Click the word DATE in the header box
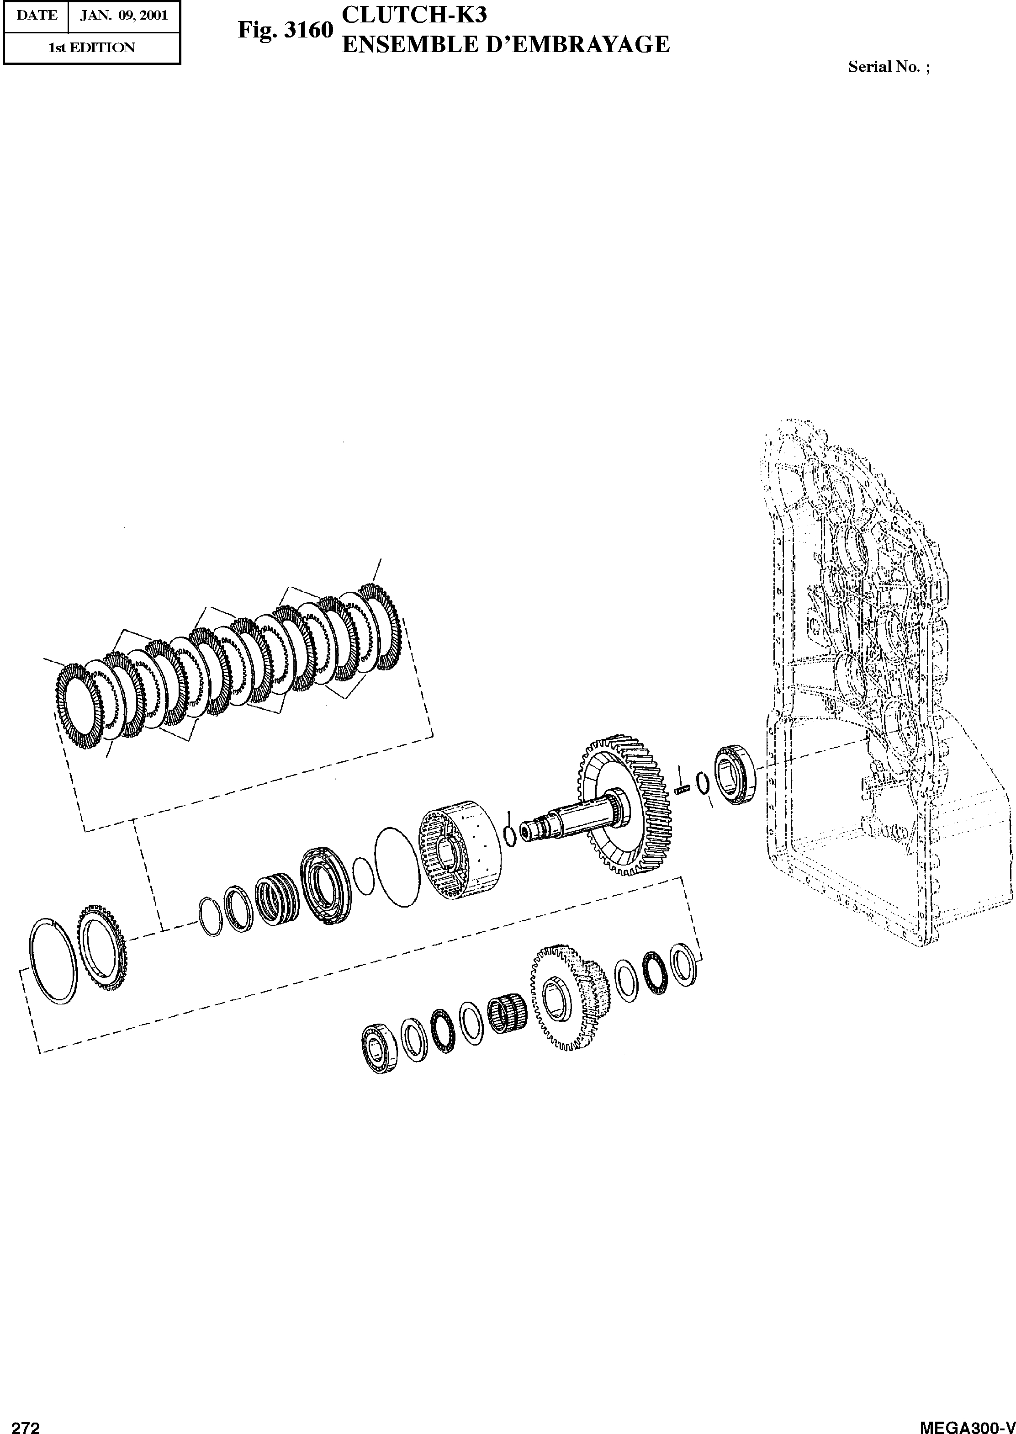[36, 16]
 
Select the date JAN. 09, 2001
[124, 16]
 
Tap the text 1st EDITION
[92, 48]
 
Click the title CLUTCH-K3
[414, 14]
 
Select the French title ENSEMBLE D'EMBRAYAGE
[506, 44]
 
